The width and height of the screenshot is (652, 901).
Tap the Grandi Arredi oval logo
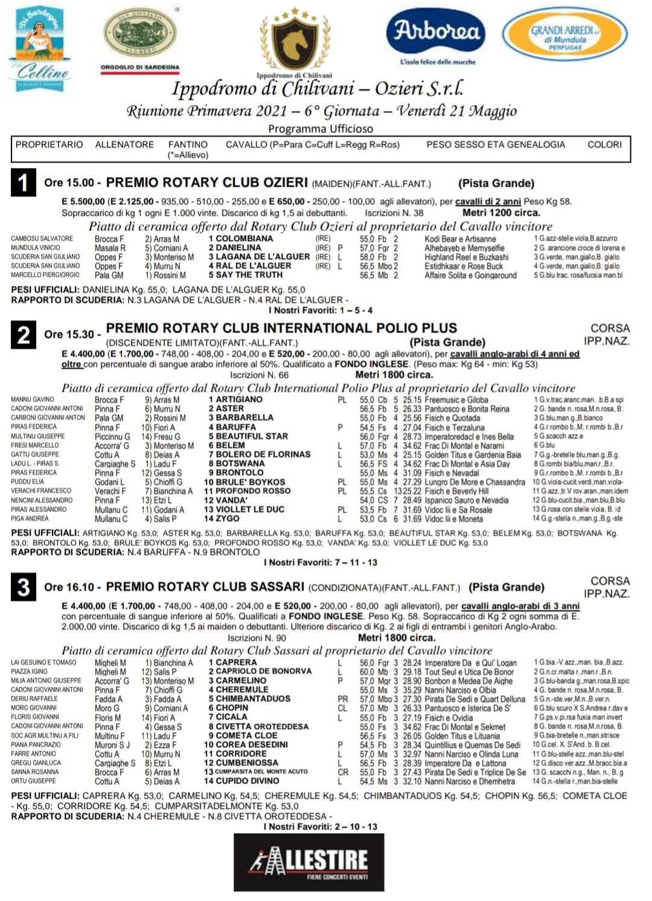(565, 38)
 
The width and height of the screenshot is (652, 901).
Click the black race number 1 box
(23, 182)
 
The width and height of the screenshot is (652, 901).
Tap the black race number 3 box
(23, 587)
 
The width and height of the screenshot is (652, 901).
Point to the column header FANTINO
(188, 145)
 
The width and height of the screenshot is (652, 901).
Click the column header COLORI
(604, 145)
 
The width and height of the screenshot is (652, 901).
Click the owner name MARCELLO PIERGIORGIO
(45, 275)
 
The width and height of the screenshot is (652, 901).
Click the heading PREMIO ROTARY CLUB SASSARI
(205, 587)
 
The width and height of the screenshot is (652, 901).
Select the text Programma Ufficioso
(321, 129)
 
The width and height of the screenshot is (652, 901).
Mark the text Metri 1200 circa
(501, 213)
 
